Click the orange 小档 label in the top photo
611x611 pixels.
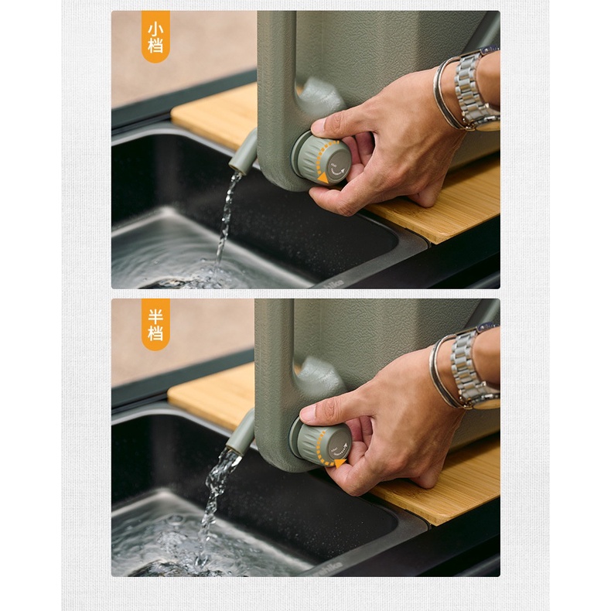point(155,36)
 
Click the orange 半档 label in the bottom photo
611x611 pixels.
point(155,325)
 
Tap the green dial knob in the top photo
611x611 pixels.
point(321,159)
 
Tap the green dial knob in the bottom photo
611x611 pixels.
point(320,444)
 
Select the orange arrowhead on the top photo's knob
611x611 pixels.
point(323,179)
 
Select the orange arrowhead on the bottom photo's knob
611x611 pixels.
point(340,463)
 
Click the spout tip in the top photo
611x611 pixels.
point(237,169)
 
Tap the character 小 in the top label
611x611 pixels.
point(155,29)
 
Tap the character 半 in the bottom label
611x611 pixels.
point(155,316)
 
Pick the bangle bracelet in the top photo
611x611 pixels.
point(447,93)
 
